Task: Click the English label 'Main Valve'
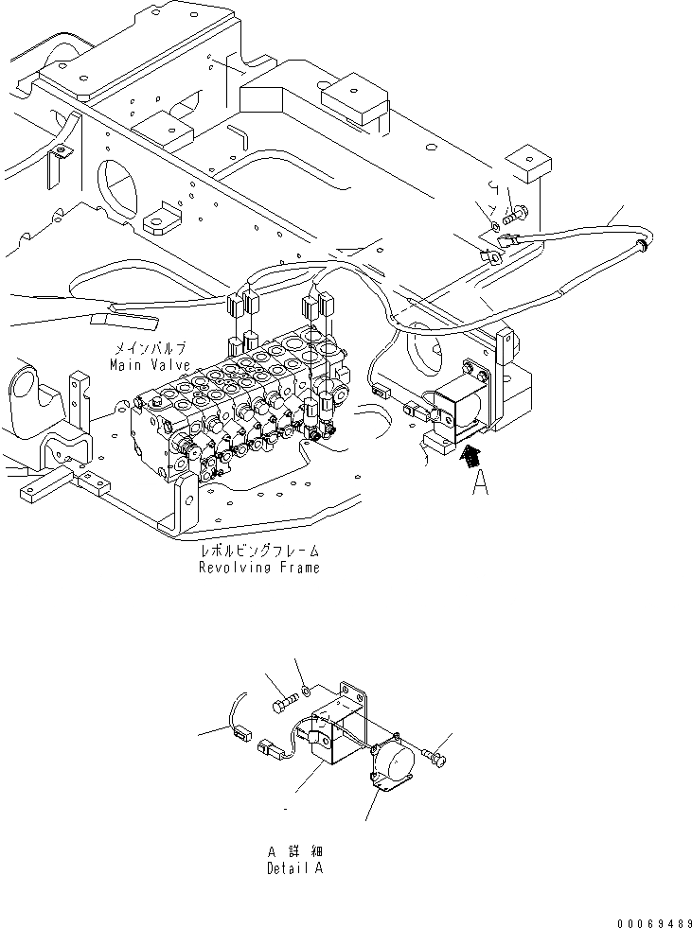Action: (149, 363)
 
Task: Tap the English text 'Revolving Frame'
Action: (258, 568)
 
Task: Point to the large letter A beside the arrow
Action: (481, 482)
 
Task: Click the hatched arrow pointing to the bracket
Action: (468, 457)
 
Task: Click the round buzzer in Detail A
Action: (393, 761)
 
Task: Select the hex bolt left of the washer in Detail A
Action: (285, 704)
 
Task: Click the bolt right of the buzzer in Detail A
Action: (436, 756)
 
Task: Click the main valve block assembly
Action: (237, 397)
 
